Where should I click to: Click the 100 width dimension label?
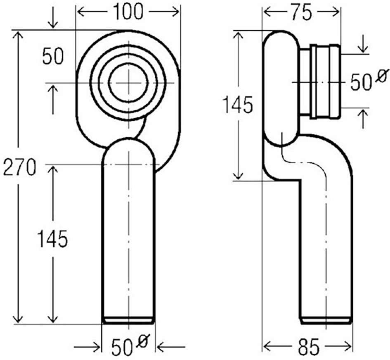(x=128, y=12)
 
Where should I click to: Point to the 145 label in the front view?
(x=52, y=239)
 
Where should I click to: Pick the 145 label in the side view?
(x=237, y=105)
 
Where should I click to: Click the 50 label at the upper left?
(x=53, y=57)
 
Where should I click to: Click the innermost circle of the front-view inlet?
(x=128, y=83)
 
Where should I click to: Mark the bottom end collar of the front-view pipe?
(x=128, y=320)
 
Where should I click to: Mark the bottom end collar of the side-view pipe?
(x=326, y=320)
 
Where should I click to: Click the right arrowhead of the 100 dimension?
(x=177, y=12)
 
